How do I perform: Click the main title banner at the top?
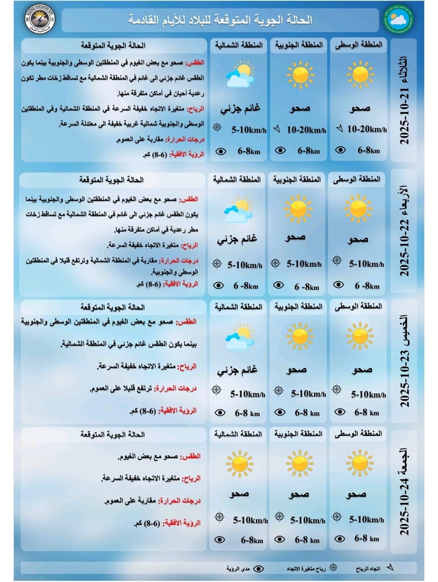point(221,20)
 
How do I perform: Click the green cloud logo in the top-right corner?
point(398,20)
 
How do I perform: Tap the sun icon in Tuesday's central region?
point(360,74)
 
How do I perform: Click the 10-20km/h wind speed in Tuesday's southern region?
point(306,129)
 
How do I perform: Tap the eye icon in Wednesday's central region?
point(337,285)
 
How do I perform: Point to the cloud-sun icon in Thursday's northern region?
point(238,337)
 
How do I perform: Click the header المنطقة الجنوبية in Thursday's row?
point(298,307)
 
